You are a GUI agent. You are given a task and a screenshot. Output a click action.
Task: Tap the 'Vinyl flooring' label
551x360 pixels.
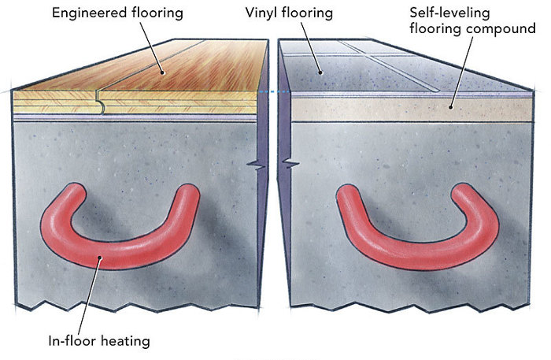click(305, 13)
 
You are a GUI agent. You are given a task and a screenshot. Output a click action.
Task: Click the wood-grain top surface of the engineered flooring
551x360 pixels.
click(157, 67)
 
